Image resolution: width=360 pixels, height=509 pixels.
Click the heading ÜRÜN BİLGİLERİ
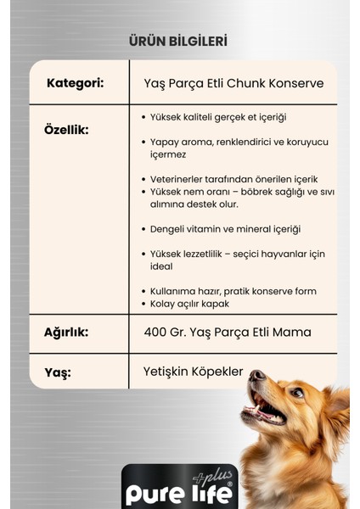click(x=177, y=41)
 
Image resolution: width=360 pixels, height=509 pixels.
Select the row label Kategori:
click(x=75, y=83)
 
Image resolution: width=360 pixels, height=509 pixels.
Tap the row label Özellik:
click(x=65, y=130)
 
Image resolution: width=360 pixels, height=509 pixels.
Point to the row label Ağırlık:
click(x=65, y=332)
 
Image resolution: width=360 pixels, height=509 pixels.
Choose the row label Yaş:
click(x=58, y=372)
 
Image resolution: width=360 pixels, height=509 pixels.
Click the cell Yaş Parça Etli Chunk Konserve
click(x=233, y=83)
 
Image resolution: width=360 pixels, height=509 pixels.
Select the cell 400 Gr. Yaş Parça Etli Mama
click(x=228, y=332)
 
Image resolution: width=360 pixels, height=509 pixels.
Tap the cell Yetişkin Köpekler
click(x=194, y=372)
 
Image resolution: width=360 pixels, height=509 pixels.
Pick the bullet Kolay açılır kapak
click(x=191, y=303)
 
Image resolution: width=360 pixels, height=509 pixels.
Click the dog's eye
click(x=296, y=394)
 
